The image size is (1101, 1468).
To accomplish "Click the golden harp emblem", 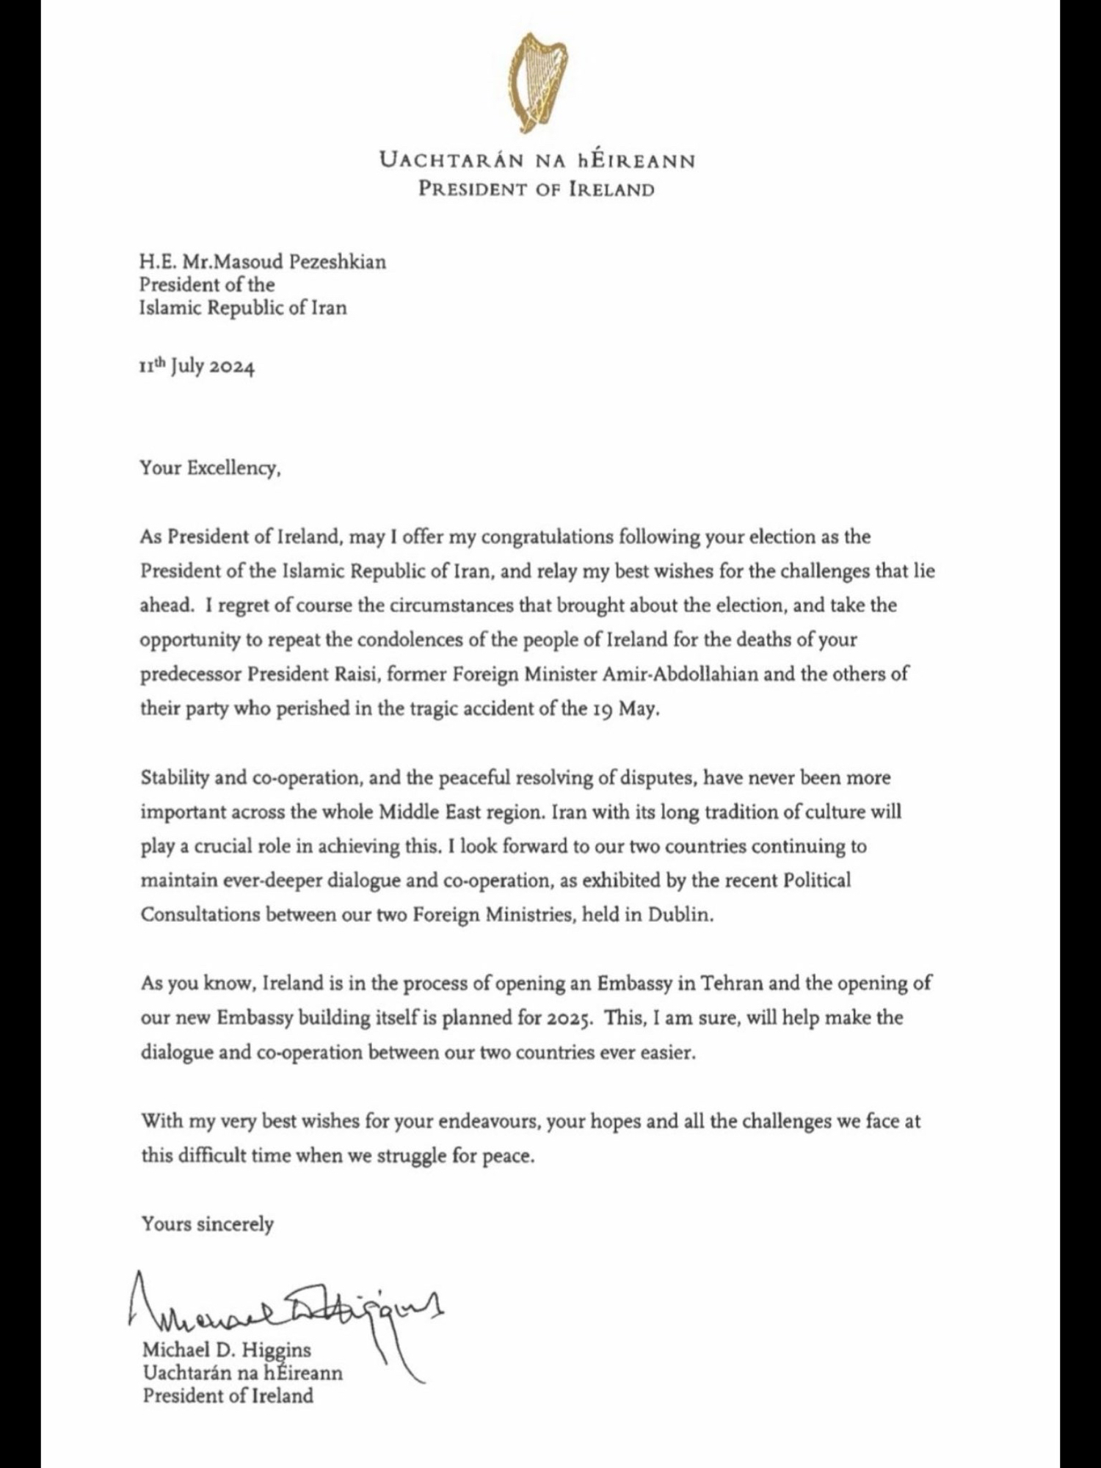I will [x=537, y=83].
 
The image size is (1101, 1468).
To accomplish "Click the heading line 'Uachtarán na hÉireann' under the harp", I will [x=537, y=159].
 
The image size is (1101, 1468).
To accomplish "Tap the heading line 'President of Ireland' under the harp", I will [x=537, y=189].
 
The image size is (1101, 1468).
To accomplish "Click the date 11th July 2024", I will [x=197, y=366].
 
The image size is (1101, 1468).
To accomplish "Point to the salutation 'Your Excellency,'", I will [x=211, y=468].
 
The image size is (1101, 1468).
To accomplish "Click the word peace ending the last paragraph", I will [x=507, y=1156].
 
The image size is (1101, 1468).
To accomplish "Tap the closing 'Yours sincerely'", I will [x=208, y=1224].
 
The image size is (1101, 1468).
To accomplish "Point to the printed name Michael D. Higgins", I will [x=227, y=1350].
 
